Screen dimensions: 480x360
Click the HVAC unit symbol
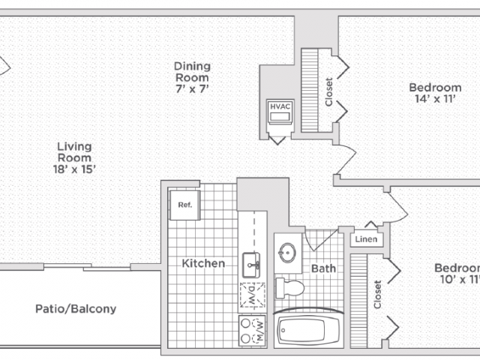click(x=280, y=112)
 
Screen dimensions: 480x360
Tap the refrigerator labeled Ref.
click(x=185, y=205)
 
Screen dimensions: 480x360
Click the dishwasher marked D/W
click(x=252, y=295)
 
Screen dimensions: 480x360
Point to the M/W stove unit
click(x=252, y=331)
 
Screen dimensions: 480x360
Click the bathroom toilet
click(x=290, y=288)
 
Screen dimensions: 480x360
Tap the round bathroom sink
click(x=287, y=253)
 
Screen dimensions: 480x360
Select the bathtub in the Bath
click(x=308, y=330)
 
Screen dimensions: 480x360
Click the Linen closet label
click(x=366, y=239)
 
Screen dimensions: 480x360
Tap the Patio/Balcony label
click(x=76, y=309)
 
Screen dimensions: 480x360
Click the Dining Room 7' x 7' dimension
click(x=192, y=88)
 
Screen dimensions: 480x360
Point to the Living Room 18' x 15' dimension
click(x=74, y=169)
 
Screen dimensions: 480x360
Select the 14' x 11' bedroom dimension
click(x=435, y=99)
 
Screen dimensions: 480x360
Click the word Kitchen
click(x=203, y=263)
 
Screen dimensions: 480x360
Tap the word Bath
click(x=323, y=268)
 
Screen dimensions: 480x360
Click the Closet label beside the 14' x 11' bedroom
click(x=328, y=91)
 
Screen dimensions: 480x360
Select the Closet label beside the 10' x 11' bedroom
click(x=377, y=295)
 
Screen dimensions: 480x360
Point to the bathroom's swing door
click(x=321, y=240)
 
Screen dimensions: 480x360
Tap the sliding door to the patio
click(x=87, y=267)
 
